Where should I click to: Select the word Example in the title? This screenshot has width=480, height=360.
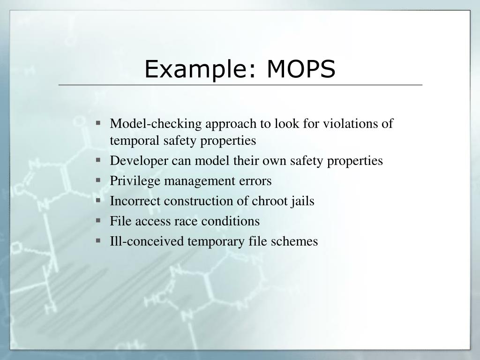[x=199, y=70]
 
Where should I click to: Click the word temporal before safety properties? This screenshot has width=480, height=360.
[x=135, y=141]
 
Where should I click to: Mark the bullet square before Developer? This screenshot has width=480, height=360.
[x=98, y=160]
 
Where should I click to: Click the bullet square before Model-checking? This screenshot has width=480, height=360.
[x=98, y=123]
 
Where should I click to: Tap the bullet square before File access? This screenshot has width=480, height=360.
[x=98, y=220]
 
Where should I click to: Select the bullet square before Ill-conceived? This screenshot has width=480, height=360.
[x=98, y=240]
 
